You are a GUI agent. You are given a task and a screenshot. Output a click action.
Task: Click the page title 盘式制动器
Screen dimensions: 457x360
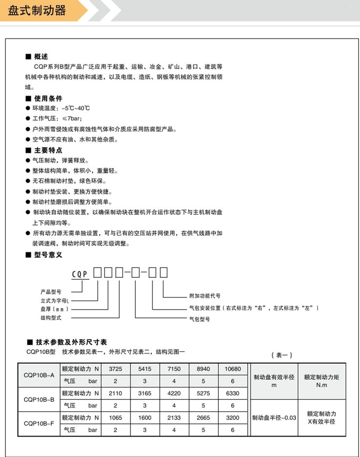click(37, 10)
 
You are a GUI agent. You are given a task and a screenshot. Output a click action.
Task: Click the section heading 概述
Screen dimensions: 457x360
click(41, 57)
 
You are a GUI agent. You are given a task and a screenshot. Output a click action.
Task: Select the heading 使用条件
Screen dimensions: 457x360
click(48, 98)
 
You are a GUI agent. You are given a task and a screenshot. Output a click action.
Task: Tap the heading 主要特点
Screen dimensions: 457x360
click(48, 150)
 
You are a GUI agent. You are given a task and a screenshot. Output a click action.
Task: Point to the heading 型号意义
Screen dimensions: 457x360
click(48, 254)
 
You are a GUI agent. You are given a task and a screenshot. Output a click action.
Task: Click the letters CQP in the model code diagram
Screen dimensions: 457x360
click(80, 274)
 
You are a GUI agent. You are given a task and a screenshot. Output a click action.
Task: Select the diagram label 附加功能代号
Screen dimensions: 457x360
click(205, 296)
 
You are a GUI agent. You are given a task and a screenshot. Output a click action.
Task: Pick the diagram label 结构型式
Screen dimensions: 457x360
click(50, 317)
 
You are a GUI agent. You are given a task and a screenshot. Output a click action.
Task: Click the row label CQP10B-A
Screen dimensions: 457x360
click(39, 375)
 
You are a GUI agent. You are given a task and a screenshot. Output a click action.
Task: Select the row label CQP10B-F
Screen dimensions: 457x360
click(39, 424)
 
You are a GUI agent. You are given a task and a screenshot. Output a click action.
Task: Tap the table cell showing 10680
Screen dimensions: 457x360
click(233, 369)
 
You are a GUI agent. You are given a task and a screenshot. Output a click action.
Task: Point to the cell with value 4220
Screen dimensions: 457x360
click(174, 393)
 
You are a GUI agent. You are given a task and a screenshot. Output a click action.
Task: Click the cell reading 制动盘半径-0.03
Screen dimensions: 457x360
click(274, 418)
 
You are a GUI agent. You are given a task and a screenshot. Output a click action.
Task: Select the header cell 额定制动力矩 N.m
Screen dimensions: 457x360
click(321, 381)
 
